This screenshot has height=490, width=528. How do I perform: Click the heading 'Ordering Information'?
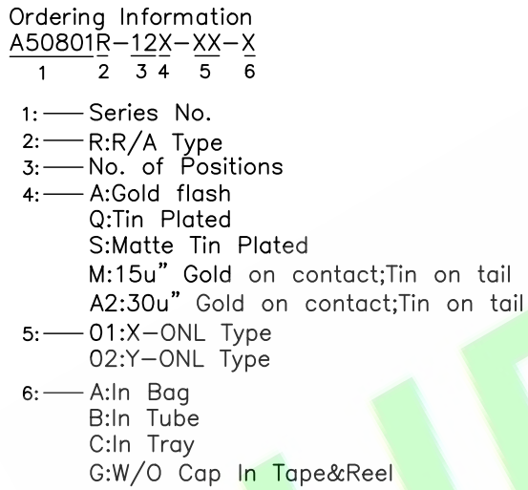point(130,17)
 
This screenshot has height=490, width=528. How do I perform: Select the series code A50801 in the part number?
point(52,43)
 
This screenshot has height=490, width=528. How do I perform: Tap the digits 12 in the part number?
point(144,43)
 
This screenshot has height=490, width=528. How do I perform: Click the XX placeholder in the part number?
point(207,43)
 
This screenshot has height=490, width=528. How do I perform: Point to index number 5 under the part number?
point(205,72)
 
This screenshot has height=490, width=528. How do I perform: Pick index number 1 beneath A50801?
point(42,72)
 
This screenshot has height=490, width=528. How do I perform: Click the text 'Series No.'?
point(150,113)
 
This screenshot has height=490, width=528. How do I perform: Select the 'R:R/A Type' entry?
point(156,142)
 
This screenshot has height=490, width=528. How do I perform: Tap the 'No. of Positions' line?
point(186,166)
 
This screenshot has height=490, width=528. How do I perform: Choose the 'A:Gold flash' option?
point(160,193)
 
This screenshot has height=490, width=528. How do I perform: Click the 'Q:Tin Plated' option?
point(160,220)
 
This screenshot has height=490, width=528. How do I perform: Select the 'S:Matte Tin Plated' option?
point(199,245)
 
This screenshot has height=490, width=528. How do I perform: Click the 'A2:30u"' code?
point(135,302)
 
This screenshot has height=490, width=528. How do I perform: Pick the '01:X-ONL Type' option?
point(180,333)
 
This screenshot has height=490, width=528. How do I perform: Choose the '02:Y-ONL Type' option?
point(180,359)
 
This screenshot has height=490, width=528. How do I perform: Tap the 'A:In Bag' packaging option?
point(139,393)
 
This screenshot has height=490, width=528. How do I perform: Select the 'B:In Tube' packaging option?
point(144,418)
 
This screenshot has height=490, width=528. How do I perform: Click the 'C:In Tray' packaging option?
point(141,444)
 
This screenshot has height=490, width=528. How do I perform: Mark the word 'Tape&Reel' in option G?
point(332,473)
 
